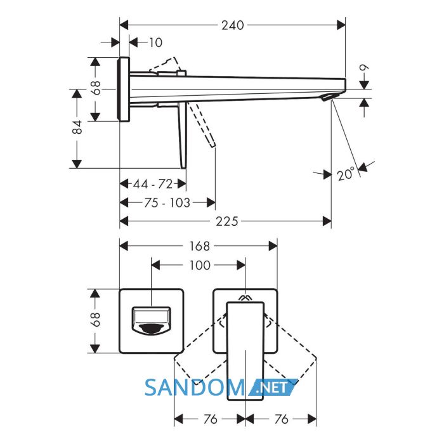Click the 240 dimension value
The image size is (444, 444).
tap(233, 25)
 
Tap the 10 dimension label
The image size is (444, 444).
tap(155, 42)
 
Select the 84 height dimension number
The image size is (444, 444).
tap(77, 127)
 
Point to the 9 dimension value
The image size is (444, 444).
tap(364, 68)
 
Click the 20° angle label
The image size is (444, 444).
tap(346, 173)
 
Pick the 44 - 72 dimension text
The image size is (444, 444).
tap(153, 184)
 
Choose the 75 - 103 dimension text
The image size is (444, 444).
tap(167, 203)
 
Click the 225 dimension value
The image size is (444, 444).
tap(227, 221)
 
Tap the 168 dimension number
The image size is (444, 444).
tap(200, 246)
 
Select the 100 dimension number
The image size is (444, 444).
tap(200, 265)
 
